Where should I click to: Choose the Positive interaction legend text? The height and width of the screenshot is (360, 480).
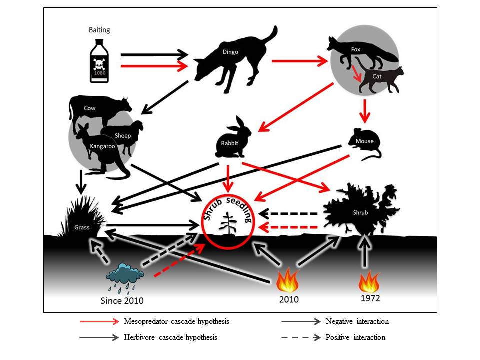tap(355, 337)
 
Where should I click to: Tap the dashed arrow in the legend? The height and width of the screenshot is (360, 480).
tap(300, 337)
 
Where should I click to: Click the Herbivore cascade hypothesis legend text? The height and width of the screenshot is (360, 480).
tap(170, 337)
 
